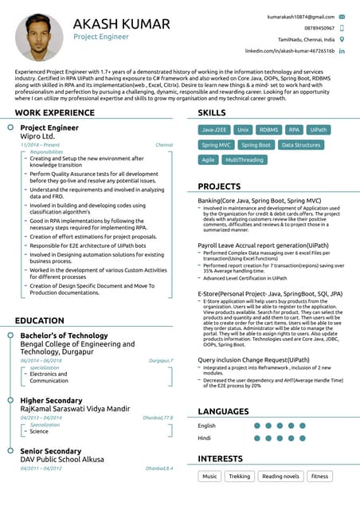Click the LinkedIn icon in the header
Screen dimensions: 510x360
(342, 50)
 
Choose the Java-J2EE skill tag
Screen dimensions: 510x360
(214, 129)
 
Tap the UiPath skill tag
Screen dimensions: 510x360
(319, 129)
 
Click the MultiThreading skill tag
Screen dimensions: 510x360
(245, 160)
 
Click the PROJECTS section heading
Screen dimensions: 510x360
(219, 186)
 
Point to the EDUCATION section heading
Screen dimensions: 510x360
(39, 320)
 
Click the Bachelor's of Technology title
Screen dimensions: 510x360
(64, 335)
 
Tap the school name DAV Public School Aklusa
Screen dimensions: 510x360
(60, 459)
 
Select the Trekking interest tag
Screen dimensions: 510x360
(239, 477)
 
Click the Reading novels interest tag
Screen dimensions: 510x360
(280, 477)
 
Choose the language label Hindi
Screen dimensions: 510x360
(205, 437)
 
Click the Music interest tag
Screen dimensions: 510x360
(209, 477)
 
